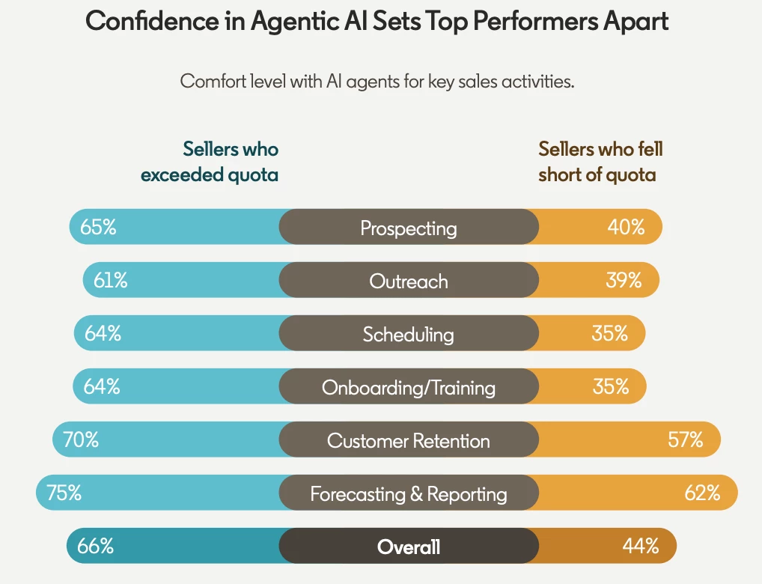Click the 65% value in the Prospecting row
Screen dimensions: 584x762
click(98, 228)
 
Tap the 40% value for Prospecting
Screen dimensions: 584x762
click(626, 228)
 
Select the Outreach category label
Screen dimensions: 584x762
click(409, 281)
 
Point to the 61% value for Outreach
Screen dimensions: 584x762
click(111, 281)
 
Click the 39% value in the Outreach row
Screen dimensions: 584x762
click(624, 281)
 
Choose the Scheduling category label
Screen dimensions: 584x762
click(409, 334)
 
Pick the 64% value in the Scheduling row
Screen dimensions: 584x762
click(103, 334)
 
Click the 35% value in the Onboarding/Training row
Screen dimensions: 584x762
click(610, 387)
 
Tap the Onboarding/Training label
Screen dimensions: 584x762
click(409, 387)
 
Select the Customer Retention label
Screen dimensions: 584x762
click(409, 440)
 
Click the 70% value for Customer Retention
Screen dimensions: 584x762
click(81, 440)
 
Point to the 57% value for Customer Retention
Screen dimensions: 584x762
click(685, 440)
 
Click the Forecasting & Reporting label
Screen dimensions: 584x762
click(409, 494)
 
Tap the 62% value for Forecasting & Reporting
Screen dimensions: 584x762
click(702, 493)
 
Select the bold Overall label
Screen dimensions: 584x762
click(409, 547)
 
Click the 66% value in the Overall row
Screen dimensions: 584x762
click(95, 547)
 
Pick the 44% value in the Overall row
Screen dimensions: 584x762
click(640, 547)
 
